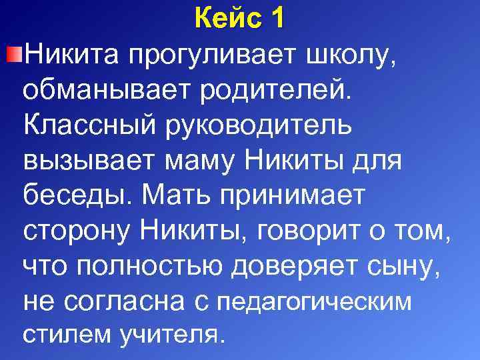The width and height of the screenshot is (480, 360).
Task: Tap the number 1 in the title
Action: [277, 18]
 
